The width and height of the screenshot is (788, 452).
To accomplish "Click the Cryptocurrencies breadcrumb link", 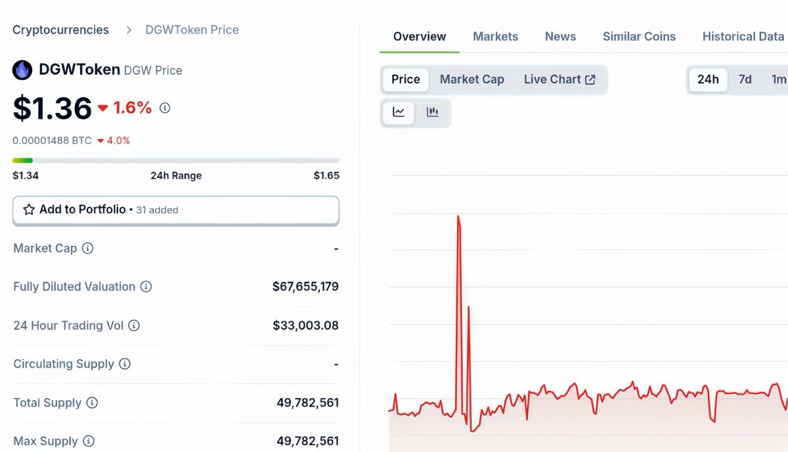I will click(60, 30).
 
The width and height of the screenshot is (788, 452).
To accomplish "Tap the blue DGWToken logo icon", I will click(22, 70).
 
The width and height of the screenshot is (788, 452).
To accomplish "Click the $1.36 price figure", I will click(53, 108).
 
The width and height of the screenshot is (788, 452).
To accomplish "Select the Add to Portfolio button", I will click(175, 210).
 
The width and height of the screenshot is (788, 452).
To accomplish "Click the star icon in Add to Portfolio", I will click(29, 210).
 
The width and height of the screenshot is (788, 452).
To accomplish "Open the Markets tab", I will click(495, 37).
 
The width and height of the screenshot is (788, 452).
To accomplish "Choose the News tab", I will click(560, 37).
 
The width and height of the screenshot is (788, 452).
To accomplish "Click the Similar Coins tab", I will click(639, 37).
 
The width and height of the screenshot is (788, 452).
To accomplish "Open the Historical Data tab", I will click(743, 37).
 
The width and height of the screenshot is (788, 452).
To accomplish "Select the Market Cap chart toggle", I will click(471, 79).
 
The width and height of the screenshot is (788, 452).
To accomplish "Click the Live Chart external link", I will click(559, 79).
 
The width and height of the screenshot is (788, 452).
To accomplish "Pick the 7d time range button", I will click(745, 79).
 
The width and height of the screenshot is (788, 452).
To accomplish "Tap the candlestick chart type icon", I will click(433, 112).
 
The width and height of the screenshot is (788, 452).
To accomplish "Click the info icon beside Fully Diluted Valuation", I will click(146, 287).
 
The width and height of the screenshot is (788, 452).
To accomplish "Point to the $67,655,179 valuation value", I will click(305, 287).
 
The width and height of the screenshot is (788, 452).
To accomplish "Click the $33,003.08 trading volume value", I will click(305, 326).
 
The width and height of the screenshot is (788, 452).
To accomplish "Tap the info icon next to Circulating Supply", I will click(125, 365).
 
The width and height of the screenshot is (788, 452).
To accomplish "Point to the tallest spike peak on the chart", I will click(458, 216).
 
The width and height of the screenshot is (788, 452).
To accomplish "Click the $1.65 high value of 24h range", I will click(326, 176).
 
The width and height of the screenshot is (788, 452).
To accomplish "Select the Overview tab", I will click(420, 37).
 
